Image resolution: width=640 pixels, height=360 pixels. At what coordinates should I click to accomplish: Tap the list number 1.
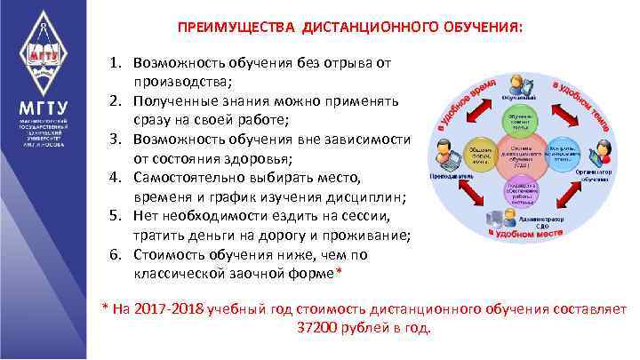pos(115,65)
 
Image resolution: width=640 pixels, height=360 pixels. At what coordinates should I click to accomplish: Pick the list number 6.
pos(115,253)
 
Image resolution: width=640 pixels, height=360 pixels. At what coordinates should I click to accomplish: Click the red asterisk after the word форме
pos(338,271)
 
